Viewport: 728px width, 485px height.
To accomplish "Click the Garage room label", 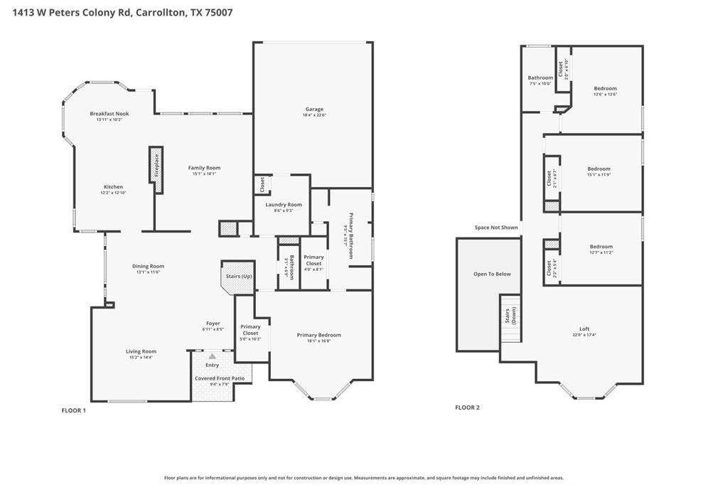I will tap(314, 109).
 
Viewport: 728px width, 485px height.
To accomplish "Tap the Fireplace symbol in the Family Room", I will tap(156, 169).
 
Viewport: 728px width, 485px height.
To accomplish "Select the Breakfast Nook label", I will tap(109, 114).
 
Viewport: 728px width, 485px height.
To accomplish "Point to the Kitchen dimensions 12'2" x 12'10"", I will tap(113, 193).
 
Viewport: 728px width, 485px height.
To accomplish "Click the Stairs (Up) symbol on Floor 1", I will tap(238, 277).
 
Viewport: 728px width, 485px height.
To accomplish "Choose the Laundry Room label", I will tap(284, 205).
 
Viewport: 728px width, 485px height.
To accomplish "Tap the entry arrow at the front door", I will tap(212, 356).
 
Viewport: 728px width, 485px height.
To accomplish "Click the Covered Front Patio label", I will tap(220, 378).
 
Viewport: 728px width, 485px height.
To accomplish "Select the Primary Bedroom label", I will tap(318, 335).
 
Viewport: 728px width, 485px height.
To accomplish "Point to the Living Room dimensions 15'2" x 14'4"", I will tap(141, 358).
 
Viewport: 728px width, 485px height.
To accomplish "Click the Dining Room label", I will tap(148, 266).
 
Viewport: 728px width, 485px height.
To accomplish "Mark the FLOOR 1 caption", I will tap(74, 410).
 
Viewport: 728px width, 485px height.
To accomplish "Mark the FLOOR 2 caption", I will tap(467, 407).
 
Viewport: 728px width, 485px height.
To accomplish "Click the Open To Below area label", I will tap(492, 274).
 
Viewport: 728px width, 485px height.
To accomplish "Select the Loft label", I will tap(584, 329).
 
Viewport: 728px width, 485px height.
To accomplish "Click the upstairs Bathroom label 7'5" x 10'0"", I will tap(540, 78).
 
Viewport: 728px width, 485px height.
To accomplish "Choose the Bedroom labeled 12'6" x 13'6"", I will tap(605, 88).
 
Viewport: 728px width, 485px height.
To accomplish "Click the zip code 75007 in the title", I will tap(218, 12).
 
